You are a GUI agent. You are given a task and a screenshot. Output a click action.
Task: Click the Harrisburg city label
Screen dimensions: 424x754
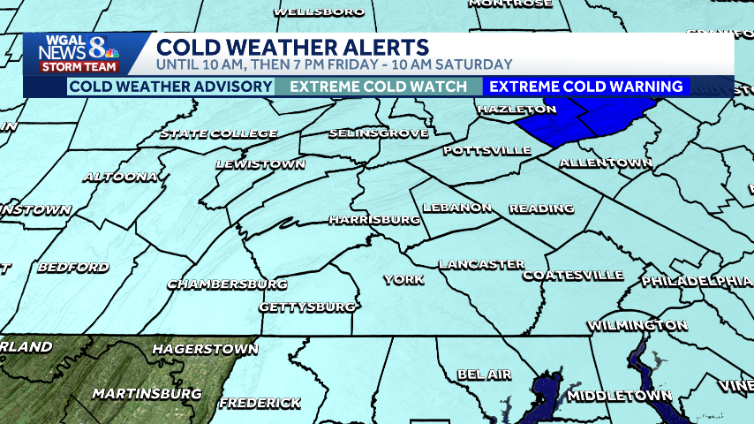[x=373, y=218]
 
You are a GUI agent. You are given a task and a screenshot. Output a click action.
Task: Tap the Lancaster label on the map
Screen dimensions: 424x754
[x=481, y=264]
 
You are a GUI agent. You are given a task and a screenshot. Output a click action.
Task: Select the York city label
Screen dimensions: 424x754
[x=403, y=279]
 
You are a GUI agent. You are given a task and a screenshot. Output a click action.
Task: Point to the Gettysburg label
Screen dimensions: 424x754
[x=307, y=307]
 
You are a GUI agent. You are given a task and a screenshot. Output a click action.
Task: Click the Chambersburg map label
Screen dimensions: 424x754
[x=227, y=284]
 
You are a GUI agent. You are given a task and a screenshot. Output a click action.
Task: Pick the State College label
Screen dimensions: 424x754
[x=219, y=134]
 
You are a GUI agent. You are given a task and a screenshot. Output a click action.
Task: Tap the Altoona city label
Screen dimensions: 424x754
[x=119, y=177]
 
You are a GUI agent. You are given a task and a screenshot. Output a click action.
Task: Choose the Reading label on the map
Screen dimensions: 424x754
[x=541, y=208]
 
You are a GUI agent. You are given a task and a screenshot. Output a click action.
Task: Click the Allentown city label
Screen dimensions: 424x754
[x=605, y=163]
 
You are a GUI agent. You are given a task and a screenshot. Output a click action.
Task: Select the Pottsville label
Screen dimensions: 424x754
[x=487, y=150]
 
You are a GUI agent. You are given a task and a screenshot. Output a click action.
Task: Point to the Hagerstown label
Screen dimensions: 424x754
[x=205, y=349]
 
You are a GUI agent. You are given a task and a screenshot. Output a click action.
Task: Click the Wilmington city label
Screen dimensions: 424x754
[x=637, y=326]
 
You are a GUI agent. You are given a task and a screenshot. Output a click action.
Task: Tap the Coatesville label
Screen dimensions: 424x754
[x=573, y=275]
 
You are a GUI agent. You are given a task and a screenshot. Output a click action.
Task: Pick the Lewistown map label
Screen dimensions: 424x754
[x=260, y=164]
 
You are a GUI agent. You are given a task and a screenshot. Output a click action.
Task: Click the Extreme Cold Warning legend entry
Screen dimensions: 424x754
[x=586, y=87]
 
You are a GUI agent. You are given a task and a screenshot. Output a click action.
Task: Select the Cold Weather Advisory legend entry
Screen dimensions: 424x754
[x=171, y=87]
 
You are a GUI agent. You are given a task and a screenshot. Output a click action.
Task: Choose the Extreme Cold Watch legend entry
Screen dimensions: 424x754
[x=378, y=87]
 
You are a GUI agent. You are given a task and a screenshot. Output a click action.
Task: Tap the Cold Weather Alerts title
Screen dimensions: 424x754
[x=293, y=47]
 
